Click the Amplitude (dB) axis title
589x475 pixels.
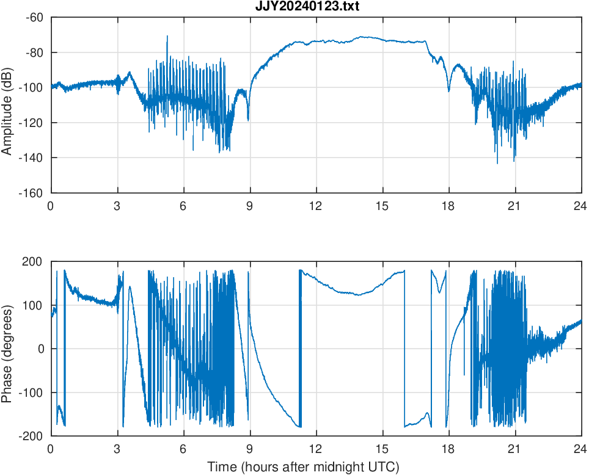tap(7, 105)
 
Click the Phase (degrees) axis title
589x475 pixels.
tap(7, 349)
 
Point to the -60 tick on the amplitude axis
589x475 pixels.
tap(34, 17)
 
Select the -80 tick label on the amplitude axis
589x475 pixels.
tap(34, 53)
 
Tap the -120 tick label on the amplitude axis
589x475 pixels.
tap(32, 123)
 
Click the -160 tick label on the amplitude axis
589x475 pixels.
tap(32, 193)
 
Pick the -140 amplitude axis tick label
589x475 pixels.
tap(32, 158)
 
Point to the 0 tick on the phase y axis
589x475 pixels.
tap(42, 349)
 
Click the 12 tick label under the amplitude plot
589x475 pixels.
tap(316, 206)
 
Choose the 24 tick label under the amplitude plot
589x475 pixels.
tap(580, 206)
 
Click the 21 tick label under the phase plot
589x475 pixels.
tap(514, 449)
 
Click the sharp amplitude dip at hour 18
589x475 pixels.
tap(448, 90)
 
